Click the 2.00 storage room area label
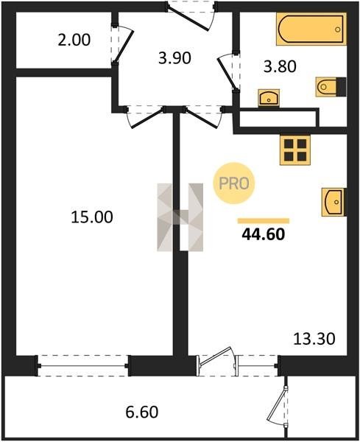pos(74,40)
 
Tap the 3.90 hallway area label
pos(174,58)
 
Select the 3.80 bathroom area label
pos(280,67)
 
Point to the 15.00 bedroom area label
pos(92,217)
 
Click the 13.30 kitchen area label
pos(314,339)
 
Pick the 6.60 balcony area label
pos(141,412)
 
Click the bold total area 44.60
pos(264,234)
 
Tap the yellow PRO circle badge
pos(234,183)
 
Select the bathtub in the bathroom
pos(311,29)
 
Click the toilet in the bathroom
pos(331,87)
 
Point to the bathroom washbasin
pos(269,98)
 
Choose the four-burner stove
pos(295,150)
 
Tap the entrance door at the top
pos(191,16)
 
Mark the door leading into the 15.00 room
pos(145,116)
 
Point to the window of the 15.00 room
pos(83,366)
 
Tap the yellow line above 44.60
pos(264,221)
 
